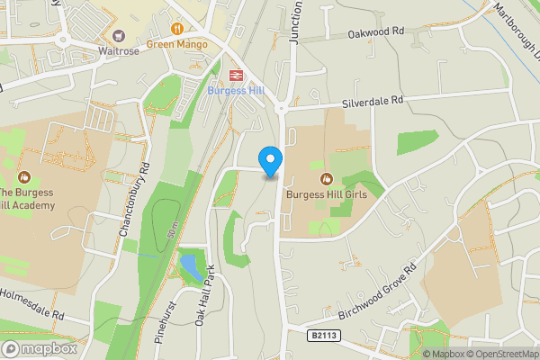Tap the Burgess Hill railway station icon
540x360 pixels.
(x=238, y=76)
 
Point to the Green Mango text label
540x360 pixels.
(x=177, y=43)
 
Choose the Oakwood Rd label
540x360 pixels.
(x=375, y=32)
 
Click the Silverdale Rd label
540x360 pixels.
(x=370, y=103)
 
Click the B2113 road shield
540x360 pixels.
(x=324, y=335)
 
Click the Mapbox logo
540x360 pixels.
(x=40, y=348)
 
